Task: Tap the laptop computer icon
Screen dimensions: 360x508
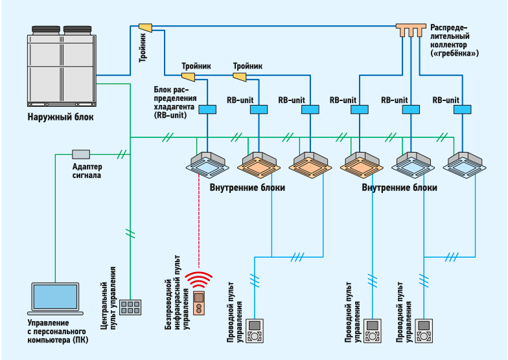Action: (56, 298)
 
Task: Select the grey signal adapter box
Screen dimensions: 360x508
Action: (81, 154)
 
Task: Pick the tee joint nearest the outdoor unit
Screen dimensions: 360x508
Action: (145, 27)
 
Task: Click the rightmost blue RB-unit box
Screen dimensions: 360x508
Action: (462, 110)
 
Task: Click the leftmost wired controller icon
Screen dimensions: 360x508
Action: (256, 330)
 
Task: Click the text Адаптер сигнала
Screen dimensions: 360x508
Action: (82, 170)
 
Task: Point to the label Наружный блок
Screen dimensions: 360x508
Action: (60, 117)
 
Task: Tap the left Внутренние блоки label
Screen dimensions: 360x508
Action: (248, 187)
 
